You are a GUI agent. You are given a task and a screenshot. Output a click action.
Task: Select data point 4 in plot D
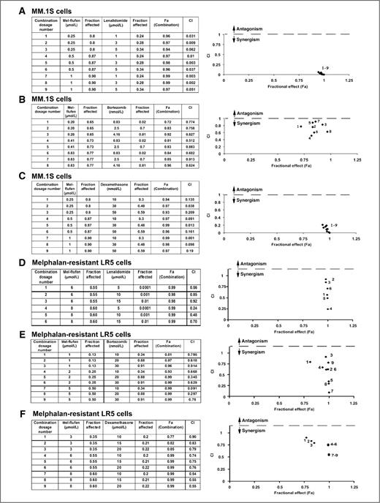tap(328, 309)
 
